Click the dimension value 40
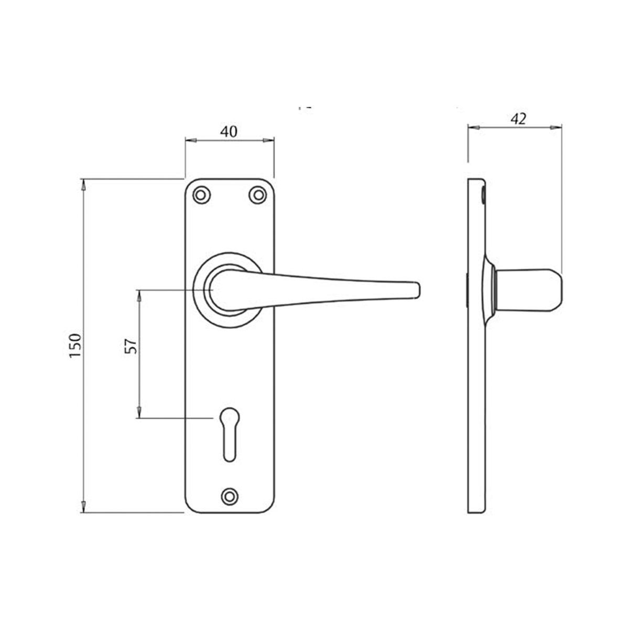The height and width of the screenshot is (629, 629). point(229,132)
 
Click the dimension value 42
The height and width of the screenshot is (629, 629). point(518,118)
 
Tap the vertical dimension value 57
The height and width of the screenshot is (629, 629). point(131,345)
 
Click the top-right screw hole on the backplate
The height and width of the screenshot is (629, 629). point(257,195)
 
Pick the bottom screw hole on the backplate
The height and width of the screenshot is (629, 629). point(229,495)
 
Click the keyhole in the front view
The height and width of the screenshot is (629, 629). point(229,432)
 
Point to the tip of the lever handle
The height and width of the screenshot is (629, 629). point(417,290)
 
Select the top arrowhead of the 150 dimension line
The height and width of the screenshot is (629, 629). point(82,183)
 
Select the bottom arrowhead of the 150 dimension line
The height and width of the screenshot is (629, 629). point(82,508)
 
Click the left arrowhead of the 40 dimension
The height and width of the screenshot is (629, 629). point(190,140)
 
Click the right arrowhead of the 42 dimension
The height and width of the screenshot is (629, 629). point(557,126)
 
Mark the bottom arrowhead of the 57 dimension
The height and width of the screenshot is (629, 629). point(139,414)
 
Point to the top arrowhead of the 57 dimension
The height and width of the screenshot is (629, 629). point(139,295)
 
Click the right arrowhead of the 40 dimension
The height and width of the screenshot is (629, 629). point(269,140)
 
